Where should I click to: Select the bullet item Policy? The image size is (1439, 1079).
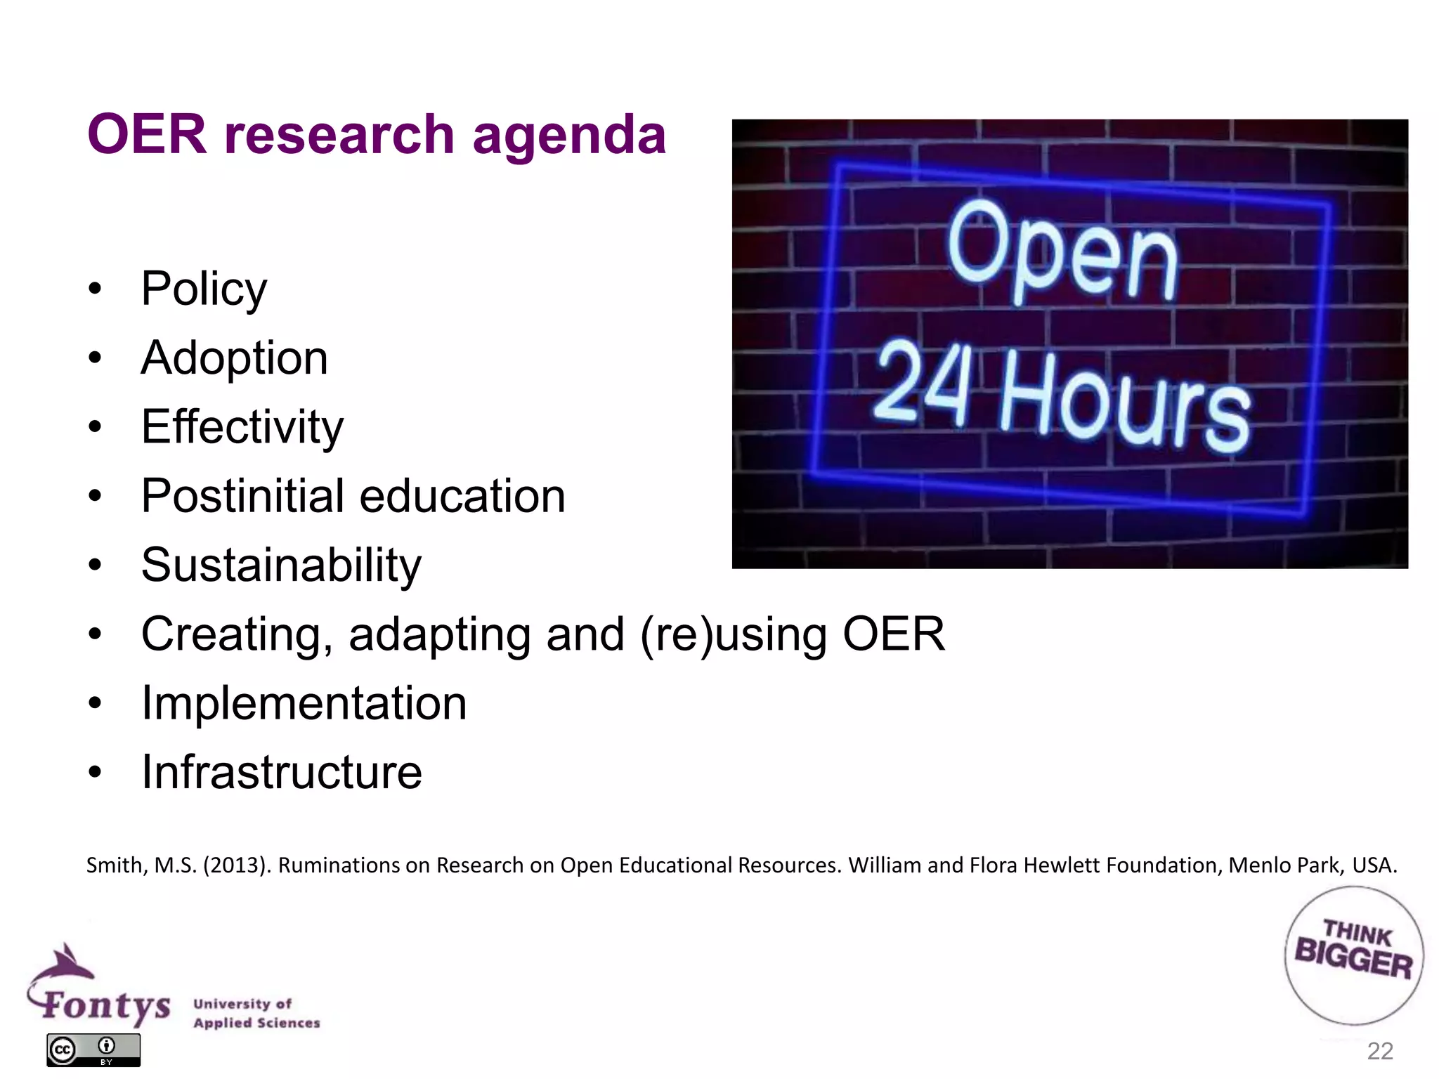click(204, 289)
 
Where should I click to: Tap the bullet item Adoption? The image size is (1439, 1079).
click(234, 358)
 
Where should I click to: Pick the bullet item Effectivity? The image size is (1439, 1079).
click(242, 427)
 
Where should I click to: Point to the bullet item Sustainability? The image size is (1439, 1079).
click(281, 565)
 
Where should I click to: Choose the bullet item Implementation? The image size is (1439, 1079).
click(304, 703)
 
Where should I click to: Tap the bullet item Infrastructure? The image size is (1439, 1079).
click(282, 772)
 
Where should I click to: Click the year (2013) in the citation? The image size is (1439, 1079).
click(236, 865)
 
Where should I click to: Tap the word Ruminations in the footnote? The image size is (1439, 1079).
click(340, 865)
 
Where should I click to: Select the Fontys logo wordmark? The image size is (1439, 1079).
click(105, 1005)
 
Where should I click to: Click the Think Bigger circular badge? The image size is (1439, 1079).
click(1353, 955)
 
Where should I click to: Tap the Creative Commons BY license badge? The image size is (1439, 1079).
click(93, 1049)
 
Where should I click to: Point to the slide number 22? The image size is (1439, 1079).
click(1380, 1051)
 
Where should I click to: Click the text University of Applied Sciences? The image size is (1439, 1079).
click(256, 1013)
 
